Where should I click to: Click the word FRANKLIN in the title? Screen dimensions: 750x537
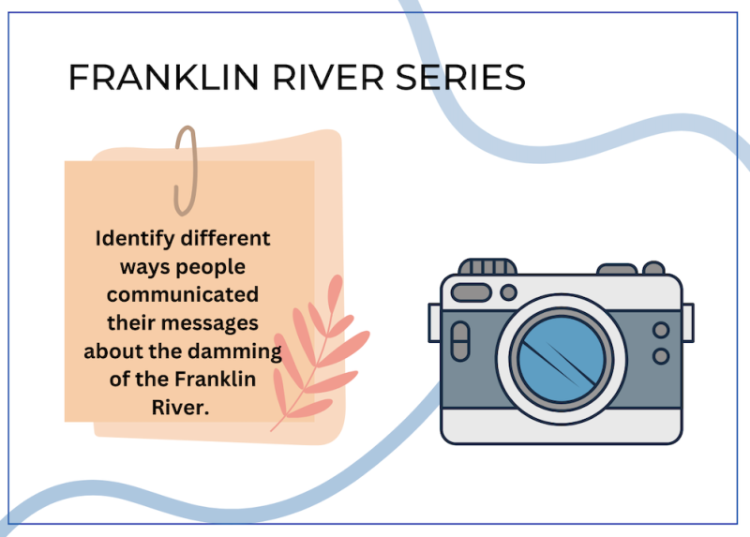(x=164, y=77)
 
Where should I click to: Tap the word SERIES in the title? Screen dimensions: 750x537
(x=460, y=77)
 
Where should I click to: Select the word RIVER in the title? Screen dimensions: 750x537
(x=328, y=77)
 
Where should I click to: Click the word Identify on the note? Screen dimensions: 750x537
(x=135, y=239)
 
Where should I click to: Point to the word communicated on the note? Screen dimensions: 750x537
(x=183, y=294)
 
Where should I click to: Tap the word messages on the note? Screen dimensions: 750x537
(x=209, y=324)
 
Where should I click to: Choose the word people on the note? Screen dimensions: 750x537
(x=215, y=268)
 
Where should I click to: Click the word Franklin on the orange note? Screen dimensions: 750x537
(x=215, y=380)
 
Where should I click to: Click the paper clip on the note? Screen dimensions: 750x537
(x=186, y=171)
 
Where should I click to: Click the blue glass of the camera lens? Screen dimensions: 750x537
(x=561, y=359)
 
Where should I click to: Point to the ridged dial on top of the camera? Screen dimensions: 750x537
(x=487, y=266)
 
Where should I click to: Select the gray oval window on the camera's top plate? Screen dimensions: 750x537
(x=472, y=292)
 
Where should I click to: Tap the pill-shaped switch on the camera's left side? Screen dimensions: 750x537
(x=460, y=341)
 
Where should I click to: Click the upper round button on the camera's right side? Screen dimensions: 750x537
(x=661, y=330)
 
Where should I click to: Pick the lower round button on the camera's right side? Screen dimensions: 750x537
(x=661, y=356)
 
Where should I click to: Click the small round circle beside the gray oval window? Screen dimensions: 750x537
(x=508, y=292)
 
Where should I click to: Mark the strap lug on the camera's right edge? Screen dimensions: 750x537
(x=688, y=322)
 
